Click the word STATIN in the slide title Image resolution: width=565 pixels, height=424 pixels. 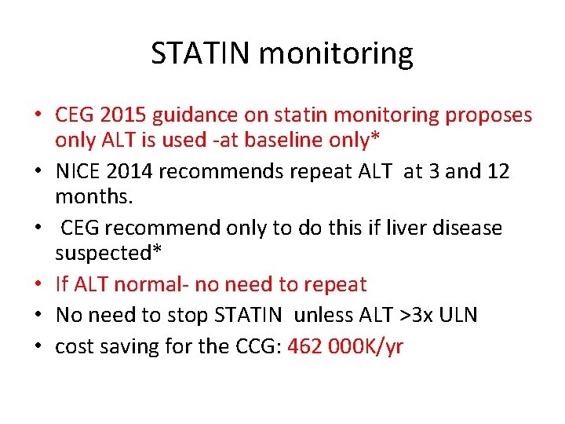[201, 54]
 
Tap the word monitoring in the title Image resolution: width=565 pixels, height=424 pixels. [336, 54]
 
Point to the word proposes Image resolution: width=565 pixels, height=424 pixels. [488, 115]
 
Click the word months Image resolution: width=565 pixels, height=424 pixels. [88, 196]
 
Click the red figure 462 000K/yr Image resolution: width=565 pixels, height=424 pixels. [345, 346]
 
